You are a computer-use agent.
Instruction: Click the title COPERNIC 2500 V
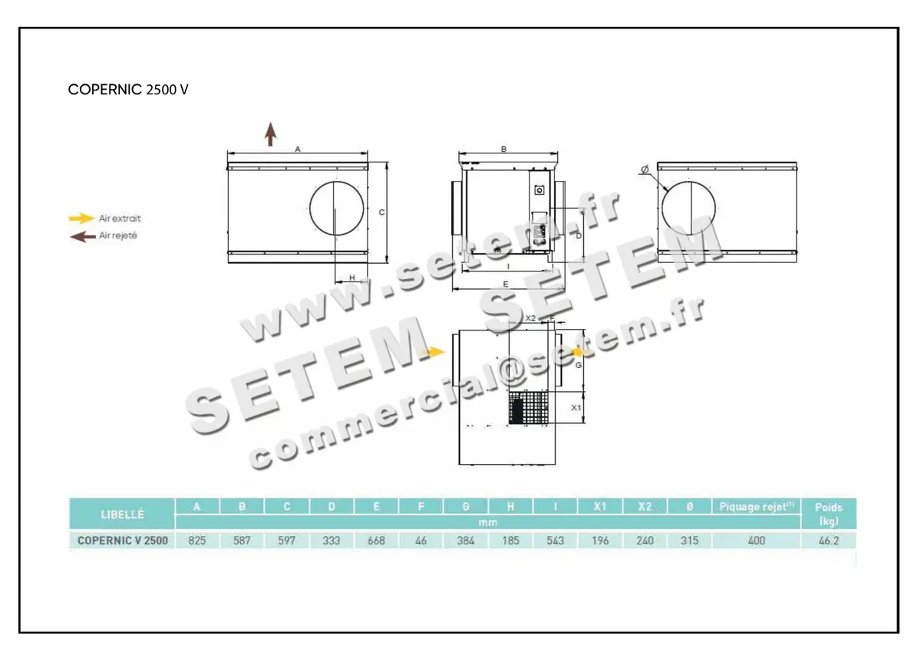click(x=128, y=89)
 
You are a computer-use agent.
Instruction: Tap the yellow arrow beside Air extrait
click(x=82, y=219)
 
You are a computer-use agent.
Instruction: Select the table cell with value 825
click(x=197, y=541)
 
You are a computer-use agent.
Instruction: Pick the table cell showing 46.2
click(x=828, y=541)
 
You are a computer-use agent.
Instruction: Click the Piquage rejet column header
click(x=755, y=507)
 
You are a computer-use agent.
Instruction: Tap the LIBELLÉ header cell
click(x=122, y=514)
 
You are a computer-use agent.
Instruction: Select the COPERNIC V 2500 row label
click(x=123, y=541)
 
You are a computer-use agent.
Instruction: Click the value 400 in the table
click(x=755, y=541)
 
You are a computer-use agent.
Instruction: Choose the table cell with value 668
click(x=376, y=541)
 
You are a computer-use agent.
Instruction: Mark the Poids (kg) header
click(x=828, y=514)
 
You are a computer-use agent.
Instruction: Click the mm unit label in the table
click(x=487, y=522)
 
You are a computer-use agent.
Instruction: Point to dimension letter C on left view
click(x=381, y=212)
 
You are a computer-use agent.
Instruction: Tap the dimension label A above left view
click(x=297, y=150)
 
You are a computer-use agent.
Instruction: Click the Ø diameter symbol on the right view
click(x=644, y=169)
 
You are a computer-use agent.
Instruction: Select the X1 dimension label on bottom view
click(x=576, y=409)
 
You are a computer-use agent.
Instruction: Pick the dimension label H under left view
click(x=352, y=278)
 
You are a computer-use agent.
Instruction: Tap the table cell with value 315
click(x=689, y=541)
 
